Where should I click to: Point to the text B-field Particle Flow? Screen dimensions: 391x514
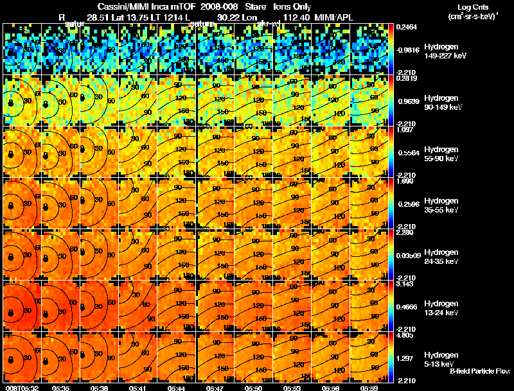[x=480, y=371]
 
